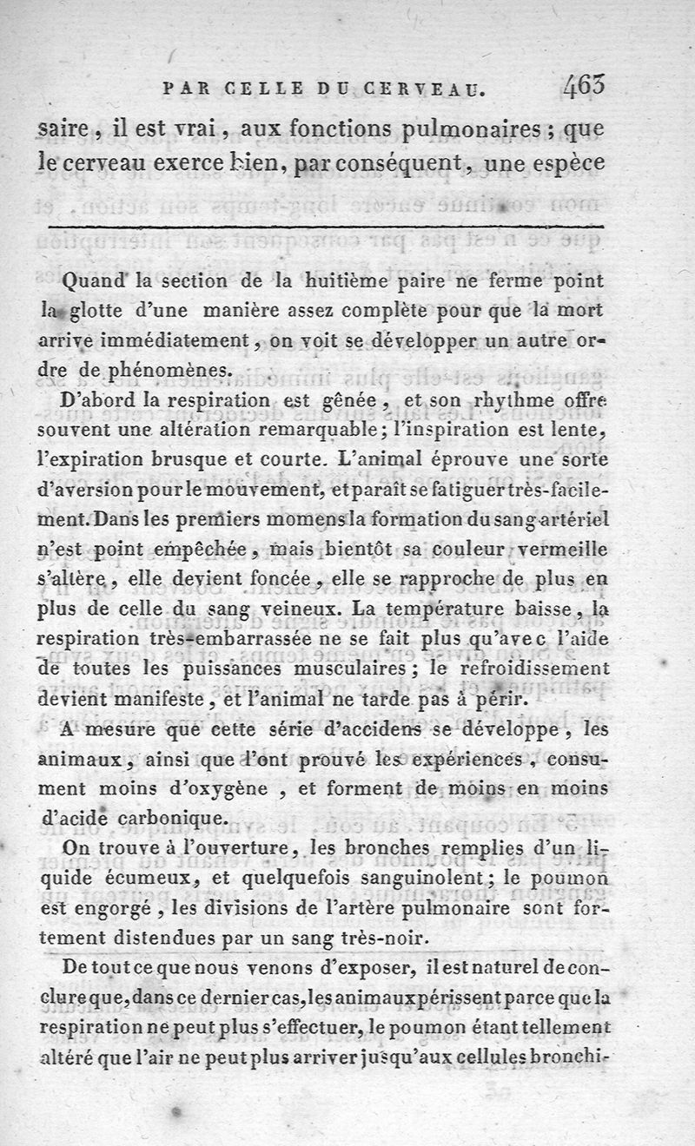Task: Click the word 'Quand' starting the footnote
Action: coord(96,282)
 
